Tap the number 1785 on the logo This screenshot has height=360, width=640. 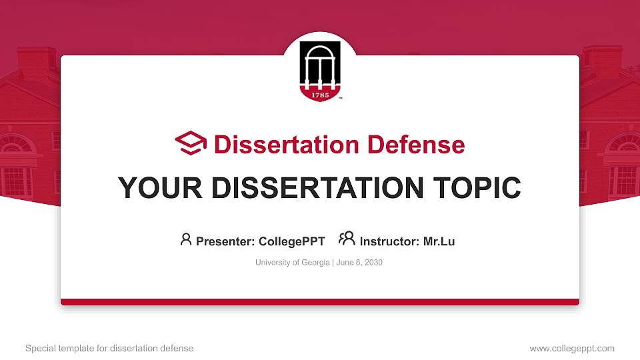tap(320, 93)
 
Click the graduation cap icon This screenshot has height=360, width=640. tap(191, 143)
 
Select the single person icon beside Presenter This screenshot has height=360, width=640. tap(186, 239)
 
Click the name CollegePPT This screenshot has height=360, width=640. tap(291, 241)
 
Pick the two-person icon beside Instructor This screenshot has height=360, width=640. tap(347, 239)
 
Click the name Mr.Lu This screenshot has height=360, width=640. tap(439, 241)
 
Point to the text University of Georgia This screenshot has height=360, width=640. tap(292, 263)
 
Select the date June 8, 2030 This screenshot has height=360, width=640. tap(359, 263)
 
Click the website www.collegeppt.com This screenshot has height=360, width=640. tap(572, 348)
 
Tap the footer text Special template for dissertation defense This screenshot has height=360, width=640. tap(109, 348)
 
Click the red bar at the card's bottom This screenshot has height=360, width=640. tap(320, 302)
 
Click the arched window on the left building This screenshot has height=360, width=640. tap(17, 144)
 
